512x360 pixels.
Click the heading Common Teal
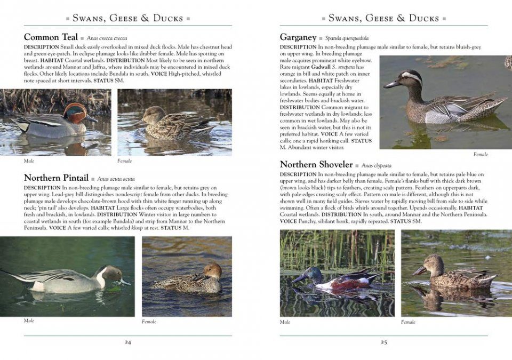tap(50, 37)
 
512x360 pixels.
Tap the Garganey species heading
tap(298, 37)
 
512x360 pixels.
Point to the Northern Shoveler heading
tap(316, 165)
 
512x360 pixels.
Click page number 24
tap(128, 342)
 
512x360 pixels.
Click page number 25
tap(384, 342)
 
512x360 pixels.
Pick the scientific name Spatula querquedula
tap(347, 38)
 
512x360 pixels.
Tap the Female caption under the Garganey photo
tap(481, 155)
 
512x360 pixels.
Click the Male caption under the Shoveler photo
tap(285, 322)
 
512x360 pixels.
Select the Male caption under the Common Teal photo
tap(29, 161)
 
